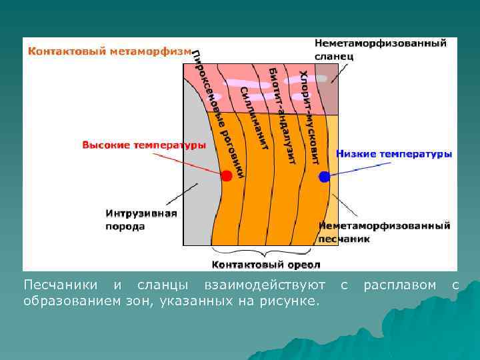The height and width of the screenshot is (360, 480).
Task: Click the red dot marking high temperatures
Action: (x=226, y=175)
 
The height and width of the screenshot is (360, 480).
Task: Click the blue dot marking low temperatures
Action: (x=324, y=177)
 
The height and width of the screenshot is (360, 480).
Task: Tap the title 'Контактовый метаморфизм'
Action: (x=109, y=51)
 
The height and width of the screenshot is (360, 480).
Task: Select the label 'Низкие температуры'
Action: (x=393, y=154)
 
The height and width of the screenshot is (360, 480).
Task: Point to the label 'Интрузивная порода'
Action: (x=141, y=219)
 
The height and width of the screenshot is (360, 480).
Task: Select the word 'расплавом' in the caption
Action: (x=399, y=285)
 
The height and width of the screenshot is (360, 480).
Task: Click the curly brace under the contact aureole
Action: (x=265, y=252)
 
